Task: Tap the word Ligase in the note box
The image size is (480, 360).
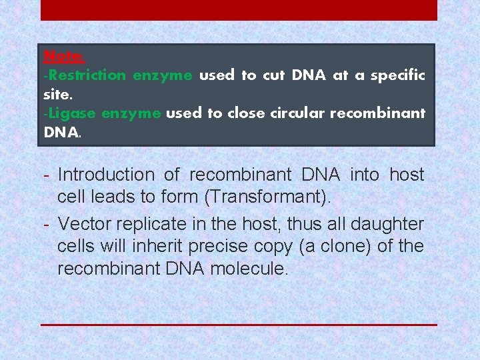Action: click(71, 113)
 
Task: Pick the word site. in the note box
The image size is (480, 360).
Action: click(57, 94)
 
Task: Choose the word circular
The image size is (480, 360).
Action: click(297, 113)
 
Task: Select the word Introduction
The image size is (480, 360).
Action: click(106, 175)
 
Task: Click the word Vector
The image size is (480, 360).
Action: click(83, 225)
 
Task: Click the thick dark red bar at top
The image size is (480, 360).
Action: click(239, 10)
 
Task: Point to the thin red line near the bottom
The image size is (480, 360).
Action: click(239, 325)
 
